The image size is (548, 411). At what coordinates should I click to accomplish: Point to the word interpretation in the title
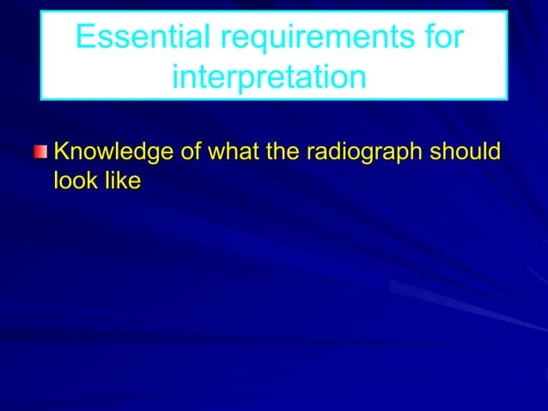coord(269,77)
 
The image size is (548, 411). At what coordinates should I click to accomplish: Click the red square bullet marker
coord(41,154)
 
